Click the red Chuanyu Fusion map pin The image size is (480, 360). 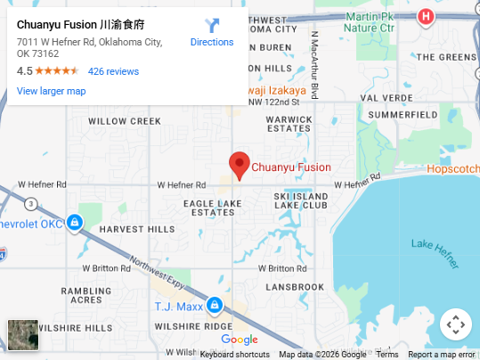pos(238,165)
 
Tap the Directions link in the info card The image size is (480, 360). pos(212,42)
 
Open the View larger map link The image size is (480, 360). pos(51,91)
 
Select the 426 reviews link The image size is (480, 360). pos(113,71)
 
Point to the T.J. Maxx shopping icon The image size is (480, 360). pos(214,306)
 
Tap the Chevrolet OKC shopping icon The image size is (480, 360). pos(76,221)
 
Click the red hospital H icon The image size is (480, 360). pos(427,16)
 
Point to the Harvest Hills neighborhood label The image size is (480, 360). pos(137,229)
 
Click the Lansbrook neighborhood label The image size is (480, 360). pos(295,287)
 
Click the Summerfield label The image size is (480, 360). pos(403,115)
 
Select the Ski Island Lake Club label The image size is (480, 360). pos(301,200)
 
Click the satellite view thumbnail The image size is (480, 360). pos(23,335)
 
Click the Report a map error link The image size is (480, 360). pos(443,355)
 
